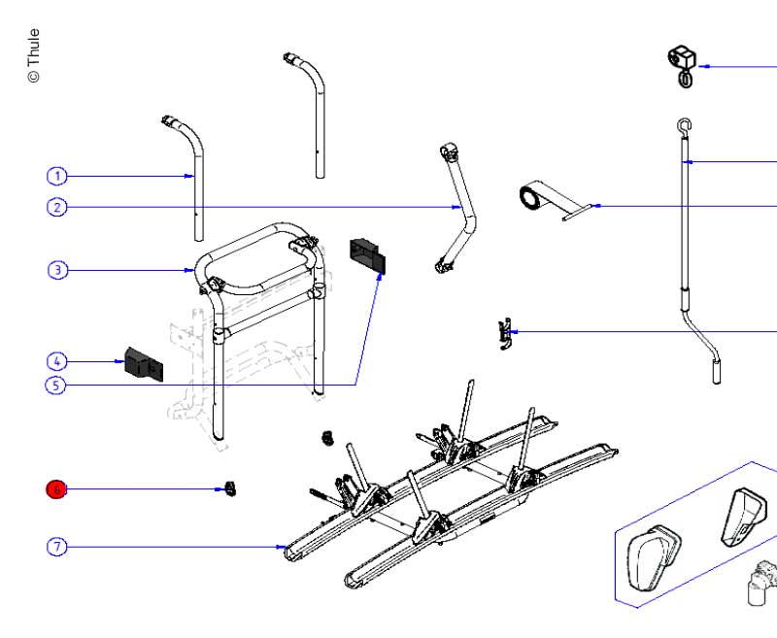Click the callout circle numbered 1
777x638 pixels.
(x=57, y=176)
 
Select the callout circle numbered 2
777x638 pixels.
(x=57, y=207)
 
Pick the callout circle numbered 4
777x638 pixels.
(x=57, y=361)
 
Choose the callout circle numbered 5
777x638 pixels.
(x=57, y=386)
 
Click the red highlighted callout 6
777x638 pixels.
(x=56, y=489)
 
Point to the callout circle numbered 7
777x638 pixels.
(x=57, y=547)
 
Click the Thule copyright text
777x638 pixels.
(x=33, y=55)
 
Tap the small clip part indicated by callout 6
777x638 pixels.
(x=230, y=488)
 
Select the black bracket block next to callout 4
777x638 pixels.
(x=142, y=363)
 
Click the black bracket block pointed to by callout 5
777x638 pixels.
(x=367, y=255)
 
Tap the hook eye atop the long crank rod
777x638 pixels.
(x=684, y=124)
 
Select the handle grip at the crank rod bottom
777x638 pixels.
(x=717, y=370)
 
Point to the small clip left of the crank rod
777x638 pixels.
(x=504, y=333)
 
